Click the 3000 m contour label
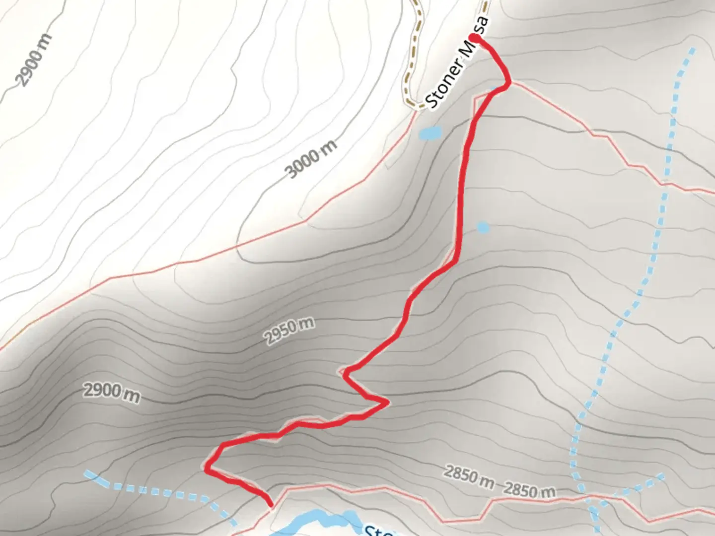coord(311,158)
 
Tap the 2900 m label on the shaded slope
coord(111,393)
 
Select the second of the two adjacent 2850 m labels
coord(530,490)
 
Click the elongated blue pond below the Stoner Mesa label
coord(430,133)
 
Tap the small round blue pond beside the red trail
coord(483,227)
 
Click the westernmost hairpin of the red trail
coord(206,468)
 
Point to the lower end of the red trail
coord(271,505)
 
